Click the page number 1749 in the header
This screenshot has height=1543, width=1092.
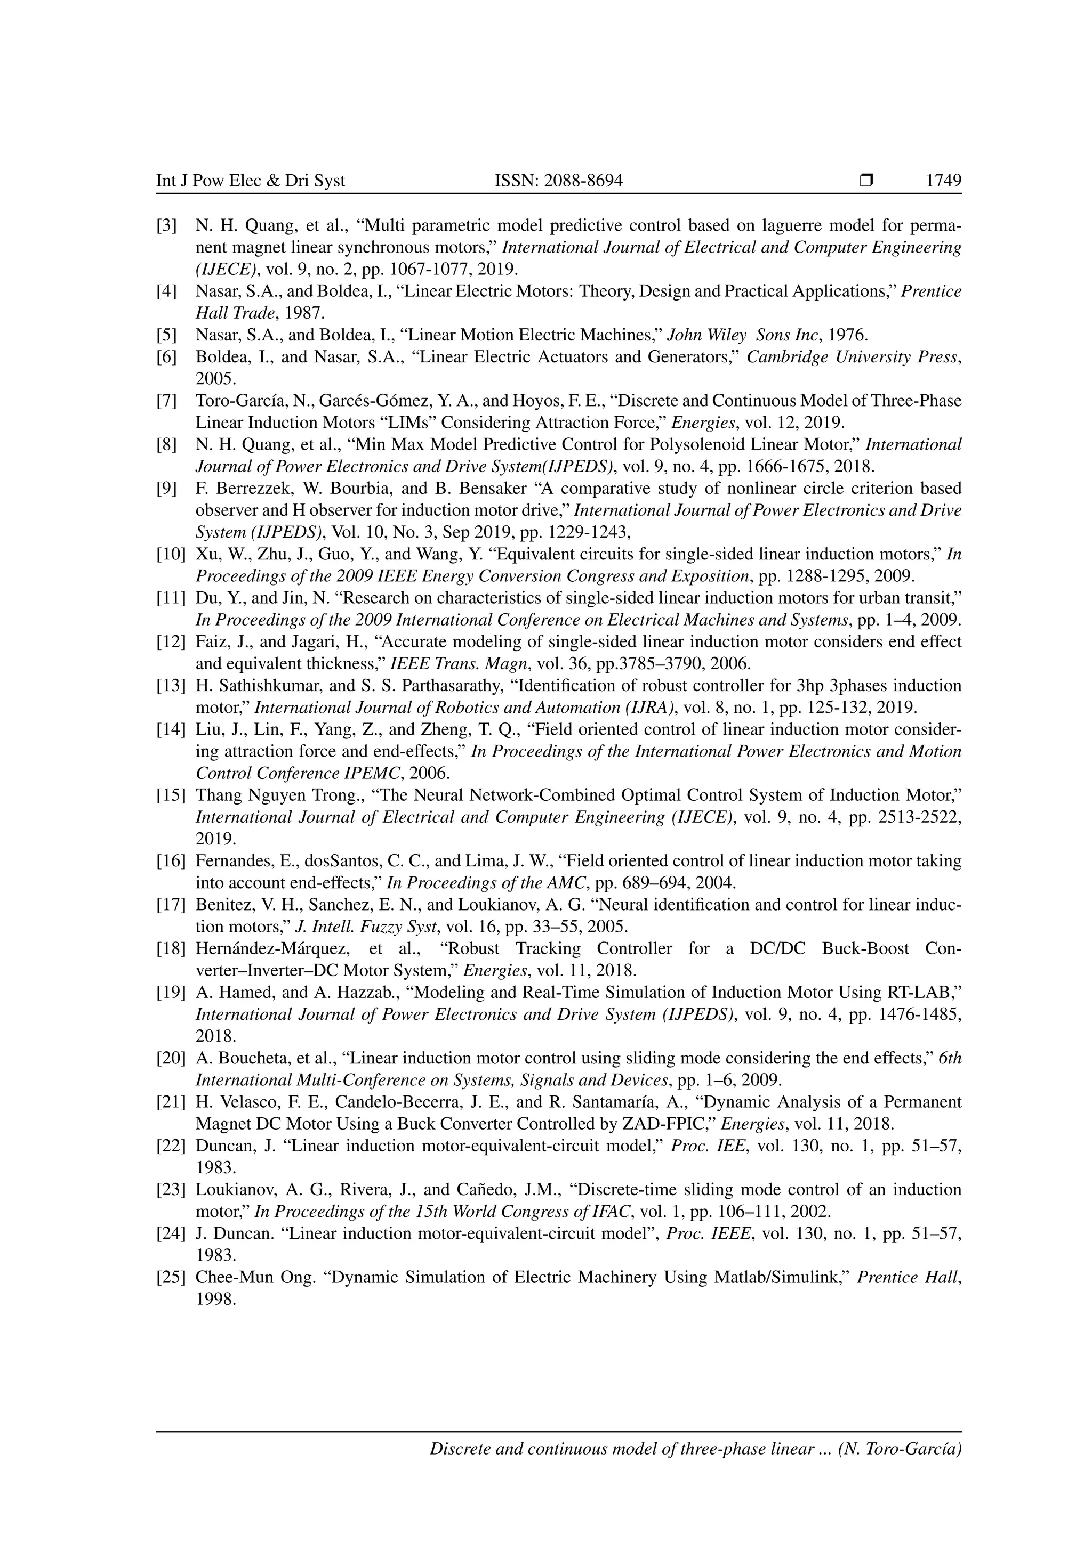pyautogui.click(x=943, y=181)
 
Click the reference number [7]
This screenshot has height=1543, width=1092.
pyautogui.click(x=167, y=401)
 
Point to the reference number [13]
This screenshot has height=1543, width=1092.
pyautogui.click(x=171, y=686)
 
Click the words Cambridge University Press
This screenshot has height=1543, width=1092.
pyautogui.click(x=852, y=357)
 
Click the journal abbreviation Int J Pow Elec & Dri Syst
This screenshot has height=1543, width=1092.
pyautogui.click(x=251, y=181)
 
